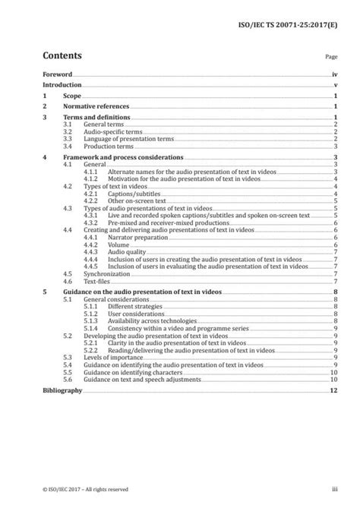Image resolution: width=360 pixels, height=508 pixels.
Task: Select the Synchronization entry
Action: coord(106,273)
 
